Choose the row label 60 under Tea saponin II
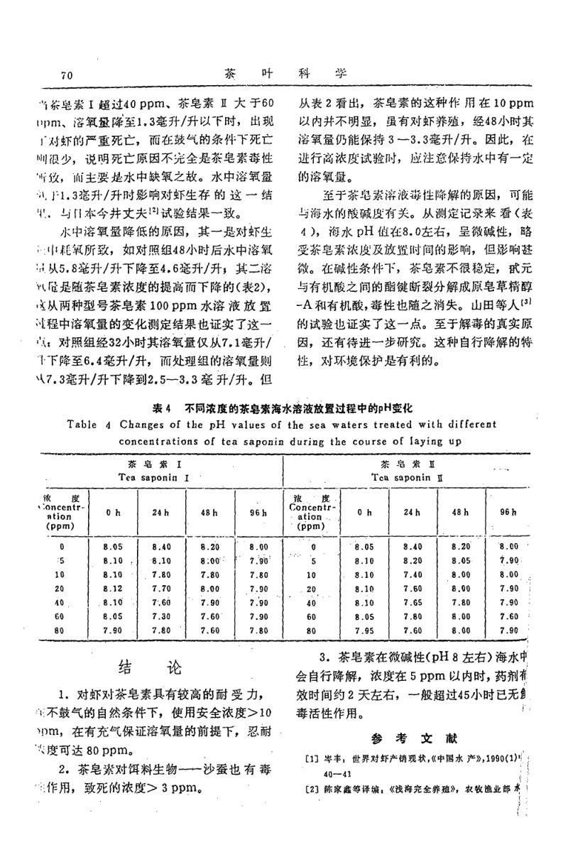click(310, 616)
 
